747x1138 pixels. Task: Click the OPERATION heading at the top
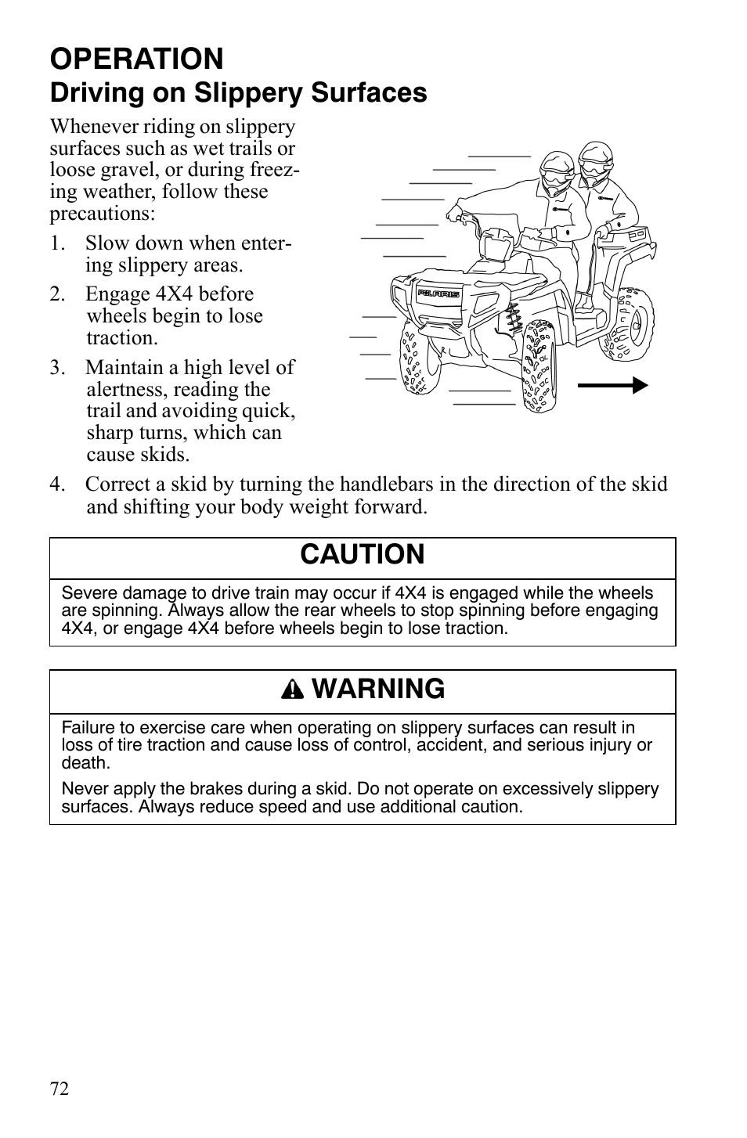pyautogui.click(x=137, y=59)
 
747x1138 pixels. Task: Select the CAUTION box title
pyautogui.click(x=362, y=554)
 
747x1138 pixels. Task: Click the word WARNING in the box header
pyautogui.click(x=381, y=689)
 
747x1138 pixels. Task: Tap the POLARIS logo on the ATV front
pyautogui.click(x=438, y=294)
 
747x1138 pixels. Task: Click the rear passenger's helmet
pyautogui.click(x=597, y=160)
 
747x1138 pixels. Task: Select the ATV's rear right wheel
pyautogui.click(x=629, y=324)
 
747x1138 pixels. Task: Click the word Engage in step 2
pyautogui.click(x=114, y=294)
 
